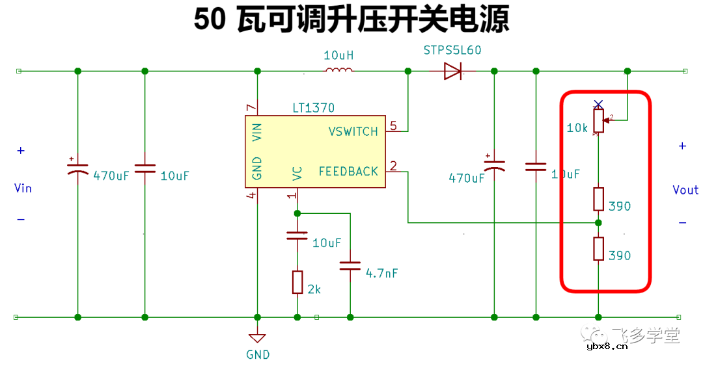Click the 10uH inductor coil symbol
click(x=339, y=70)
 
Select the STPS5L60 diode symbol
click(x=452, y=70)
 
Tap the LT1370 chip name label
click(x=314, y=108)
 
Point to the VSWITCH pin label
click(x=353, y=131)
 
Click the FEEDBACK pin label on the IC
click(x=348, y=172)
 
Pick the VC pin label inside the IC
click(x=297, y=174)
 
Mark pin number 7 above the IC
click(x=249, y=107)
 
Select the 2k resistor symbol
click(x=297, y=282)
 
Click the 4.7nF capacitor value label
click(x=381, y=273)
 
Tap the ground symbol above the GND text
click(x=258, y=338)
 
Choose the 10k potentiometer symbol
click(x=599, y=120)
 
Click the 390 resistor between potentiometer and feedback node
click(x=599, y=199)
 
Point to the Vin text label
click(x=23, y=189)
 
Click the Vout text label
click(x=685, y=190)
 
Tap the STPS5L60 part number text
click(x=452, y=50)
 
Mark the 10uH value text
click(x=338, y=55)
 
